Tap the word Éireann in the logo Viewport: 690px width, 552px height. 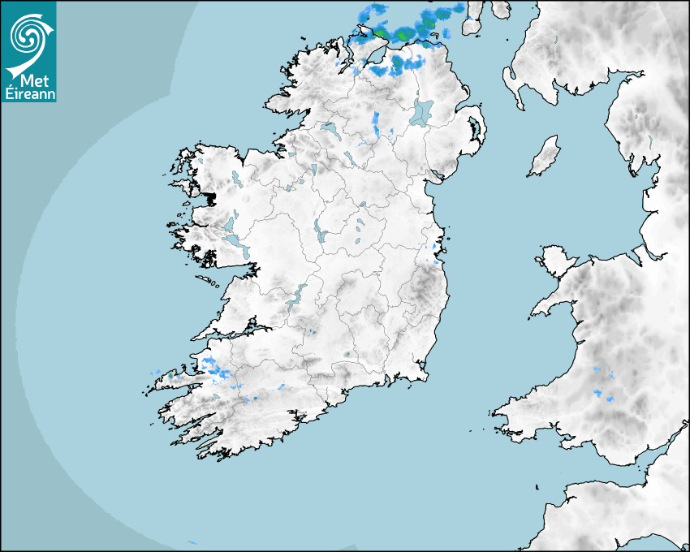tap(29, 93)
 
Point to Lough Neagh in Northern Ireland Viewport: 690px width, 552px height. tap(423, 111)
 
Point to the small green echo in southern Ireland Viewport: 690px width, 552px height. tap(347, 354)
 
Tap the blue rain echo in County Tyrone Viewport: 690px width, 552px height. tap(376, 123)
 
